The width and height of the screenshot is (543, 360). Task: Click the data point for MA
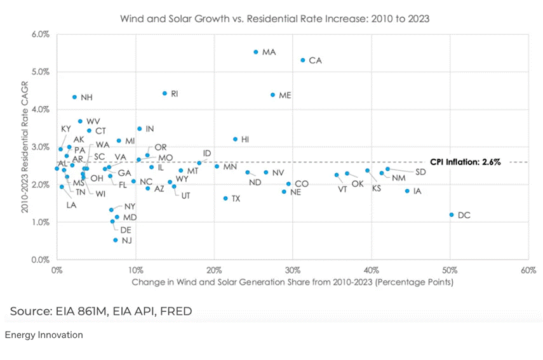click(256, 52)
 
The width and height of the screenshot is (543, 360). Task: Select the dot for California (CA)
click(303, 60)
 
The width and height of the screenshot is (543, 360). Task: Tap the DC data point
click(452, 215)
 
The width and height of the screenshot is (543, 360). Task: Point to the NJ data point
click(115, 240)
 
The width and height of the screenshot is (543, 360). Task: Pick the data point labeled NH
click(74, 97)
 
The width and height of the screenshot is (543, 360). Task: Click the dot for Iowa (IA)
click(407, 190)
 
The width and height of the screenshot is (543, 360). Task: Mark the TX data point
click(225, 198)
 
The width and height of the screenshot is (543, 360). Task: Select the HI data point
click(235, 139)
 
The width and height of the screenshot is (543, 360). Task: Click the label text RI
click(175, 93)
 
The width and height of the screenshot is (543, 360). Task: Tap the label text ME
click(285, 95)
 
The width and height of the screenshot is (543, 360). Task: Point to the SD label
click(420, 172)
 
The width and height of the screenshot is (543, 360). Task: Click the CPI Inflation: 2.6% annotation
click(465, 162)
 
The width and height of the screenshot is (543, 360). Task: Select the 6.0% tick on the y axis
click(41, 34)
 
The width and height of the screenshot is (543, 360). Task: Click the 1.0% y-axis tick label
click(41, 222)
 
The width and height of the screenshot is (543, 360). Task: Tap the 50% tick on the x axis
click(450, 270)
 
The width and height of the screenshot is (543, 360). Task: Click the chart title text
click(275, 18)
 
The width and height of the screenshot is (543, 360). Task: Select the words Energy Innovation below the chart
click(44, 335)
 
